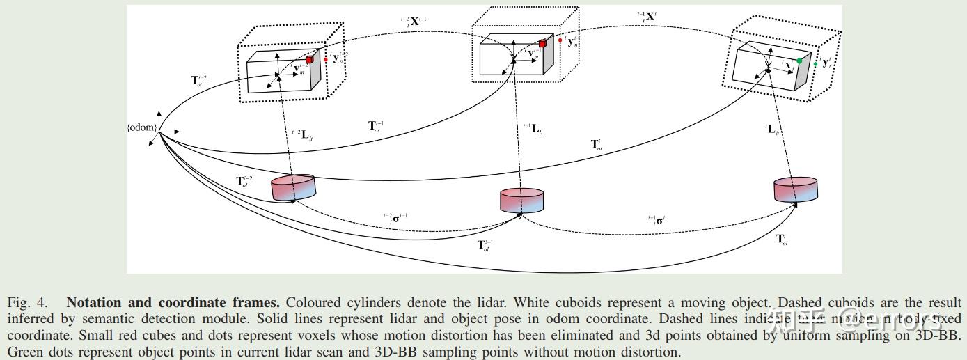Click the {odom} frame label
[x=142, y=127]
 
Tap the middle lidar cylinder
[x=521, y=200]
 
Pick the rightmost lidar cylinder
[x=795, y=189]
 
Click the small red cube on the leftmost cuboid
[x=310, y=60]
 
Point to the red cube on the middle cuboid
[x=542, y=43]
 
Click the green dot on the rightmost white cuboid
[x=799, y=61]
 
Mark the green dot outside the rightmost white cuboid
[x=815, y=64]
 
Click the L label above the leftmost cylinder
[x=304, y=134]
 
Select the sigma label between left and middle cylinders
[x=395, y=218]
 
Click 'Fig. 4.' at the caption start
[x=28, y=303]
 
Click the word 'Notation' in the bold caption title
[x=93, y=303]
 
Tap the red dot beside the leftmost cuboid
[x=325, y=59]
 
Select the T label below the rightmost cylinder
[x=782, y=239]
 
